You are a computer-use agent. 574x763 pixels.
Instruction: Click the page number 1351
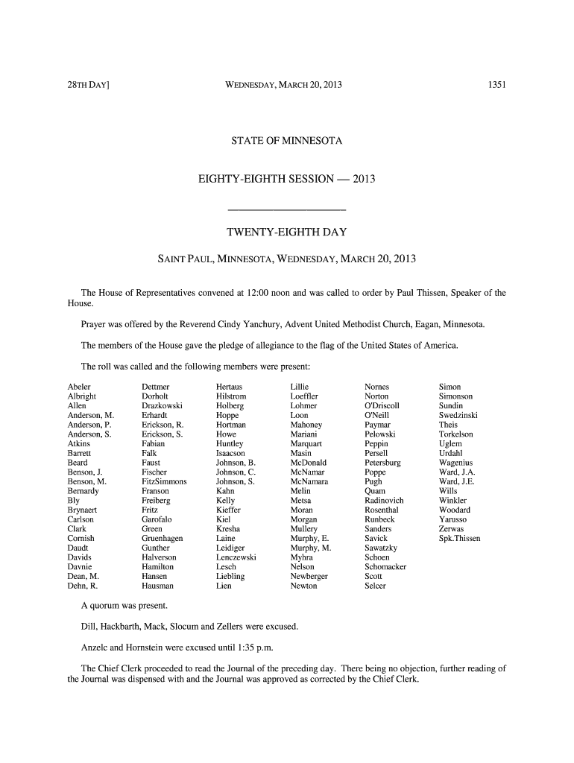point(497,85)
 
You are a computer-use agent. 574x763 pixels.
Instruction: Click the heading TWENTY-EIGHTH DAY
point(287,232)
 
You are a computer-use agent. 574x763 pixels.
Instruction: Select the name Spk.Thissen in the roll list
point(460,538)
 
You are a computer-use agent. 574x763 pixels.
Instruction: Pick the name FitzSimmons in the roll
point(164,481)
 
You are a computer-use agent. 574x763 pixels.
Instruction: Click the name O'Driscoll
point(382,405)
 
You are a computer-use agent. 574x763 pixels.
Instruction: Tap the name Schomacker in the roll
point(385,566)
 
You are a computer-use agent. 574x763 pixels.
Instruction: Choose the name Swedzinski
point(458,415)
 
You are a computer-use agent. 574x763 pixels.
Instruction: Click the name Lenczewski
point(236,557)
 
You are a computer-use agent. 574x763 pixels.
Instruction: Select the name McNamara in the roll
point(309,481)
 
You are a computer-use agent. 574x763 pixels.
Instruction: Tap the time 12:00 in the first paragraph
point(256,293)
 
